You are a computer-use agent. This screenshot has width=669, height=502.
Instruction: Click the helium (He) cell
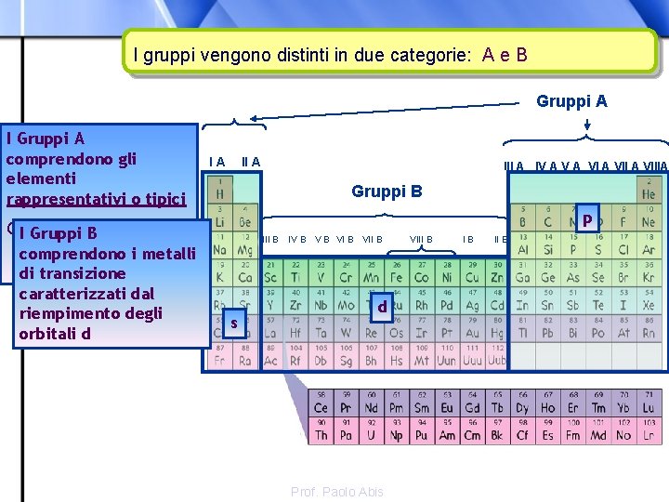click(x=649, y=191)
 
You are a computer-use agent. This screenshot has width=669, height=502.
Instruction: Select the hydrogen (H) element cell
click(x=220, y=191)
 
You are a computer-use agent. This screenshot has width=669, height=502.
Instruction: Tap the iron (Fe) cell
click(x=396, y=274)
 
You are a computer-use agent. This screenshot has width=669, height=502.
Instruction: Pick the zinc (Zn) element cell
click(x=497, y=274)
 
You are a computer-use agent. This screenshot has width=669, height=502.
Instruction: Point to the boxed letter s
click(x=234, y=323)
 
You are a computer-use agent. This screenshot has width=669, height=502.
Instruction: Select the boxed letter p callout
click(x=587, y=218)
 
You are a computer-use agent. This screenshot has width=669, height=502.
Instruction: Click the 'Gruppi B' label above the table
click(x=387, y=192)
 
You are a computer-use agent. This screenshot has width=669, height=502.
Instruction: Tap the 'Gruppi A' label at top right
click(x=571, y=101)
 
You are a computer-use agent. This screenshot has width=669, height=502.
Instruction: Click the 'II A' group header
click(x=250, y=163)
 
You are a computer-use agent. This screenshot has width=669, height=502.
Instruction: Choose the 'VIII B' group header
click(x=421, y=240)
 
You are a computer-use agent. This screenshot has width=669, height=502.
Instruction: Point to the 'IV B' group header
click(x=297, y=240)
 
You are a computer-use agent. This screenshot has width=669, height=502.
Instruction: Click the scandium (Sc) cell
click(x=270, y=274)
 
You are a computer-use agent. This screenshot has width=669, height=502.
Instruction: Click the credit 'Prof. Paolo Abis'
click(x=336, y=491)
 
